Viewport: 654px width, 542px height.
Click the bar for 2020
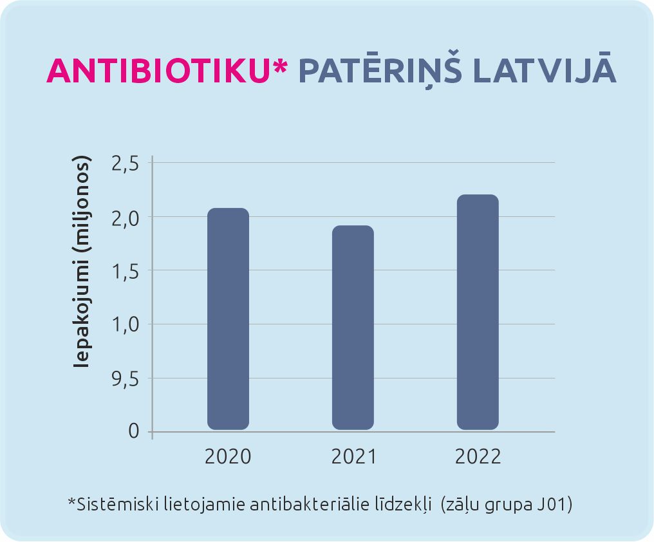[x=228, y=319]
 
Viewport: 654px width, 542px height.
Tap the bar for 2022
[x=478, y=312]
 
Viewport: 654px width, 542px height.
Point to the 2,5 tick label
[x=126, y=164]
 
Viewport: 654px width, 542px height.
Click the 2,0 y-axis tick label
[x=126, y=218]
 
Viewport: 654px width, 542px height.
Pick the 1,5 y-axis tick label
[x=126, y=271]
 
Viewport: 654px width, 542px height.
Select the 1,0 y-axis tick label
[x=126, y=324]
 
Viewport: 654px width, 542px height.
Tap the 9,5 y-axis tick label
[x=126, y=378]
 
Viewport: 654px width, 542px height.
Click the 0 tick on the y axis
[x=134, y=431]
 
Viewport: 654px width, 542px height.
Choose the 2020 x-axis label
[x=228, y=457]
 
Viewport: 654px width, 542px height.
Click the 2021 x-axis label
[x=353, y=457]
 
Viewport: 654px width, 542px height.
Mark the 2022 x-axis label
[x=478, y=457]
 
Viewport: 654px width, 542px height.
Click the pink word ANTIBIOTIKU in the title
[x=156, y=71]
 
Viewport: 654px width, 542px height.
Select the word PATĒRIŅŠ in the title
[x=380, y=71]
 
